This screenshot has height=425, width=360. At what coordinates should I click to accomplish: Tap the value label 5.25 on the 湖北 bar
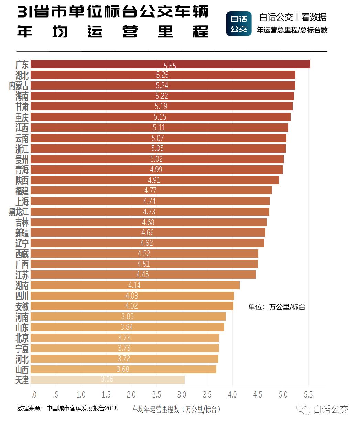[x=162, y=75]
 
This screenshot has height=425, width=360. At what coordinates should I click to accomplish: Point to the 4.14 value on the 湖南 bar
[x=134, y=285]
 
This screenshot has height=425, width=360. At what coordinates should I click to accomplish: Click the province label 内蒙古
[x=19, y=86]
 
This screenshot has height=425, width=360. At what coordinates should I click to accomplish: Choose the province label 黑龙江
[x=19, y=212]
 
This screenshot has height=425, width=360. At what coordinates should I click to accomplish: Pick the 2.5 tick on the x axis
[x=156, y=394]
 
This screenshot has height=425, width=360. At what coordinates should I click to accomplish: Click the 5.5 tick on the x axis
[x=308, y=394]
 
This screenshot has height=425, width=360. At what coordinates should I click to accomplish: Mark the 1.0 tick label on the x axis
[x=81, y=394]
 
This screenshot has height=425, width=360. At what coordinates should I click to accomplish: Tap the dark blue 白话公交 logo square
[x=239, y=24]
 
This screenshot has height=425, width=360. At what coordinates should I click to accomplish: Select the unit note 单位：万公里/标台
[x=276, y=307]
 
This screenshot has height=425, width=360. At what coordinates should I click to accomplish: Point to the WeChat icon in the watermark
[x=304, y=409]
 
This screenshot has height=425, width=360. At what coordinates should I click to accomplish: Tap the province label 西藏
[x=22, y=254]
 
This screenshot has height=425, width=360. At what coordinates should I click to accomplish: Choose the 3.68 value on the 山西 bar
[x=123, y=369]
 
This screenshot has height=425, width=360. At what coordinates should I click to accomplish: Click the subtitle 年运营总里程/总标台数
[x=292, y=30]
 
